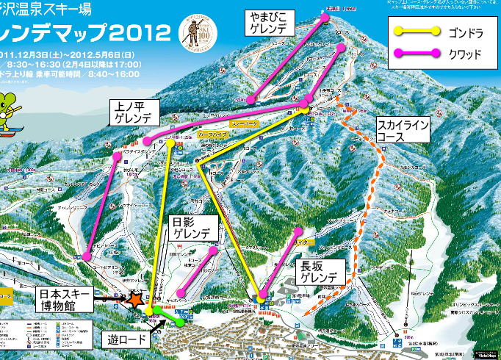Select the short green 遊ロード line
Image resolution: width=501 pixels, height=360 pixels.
tap(169, 317)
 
